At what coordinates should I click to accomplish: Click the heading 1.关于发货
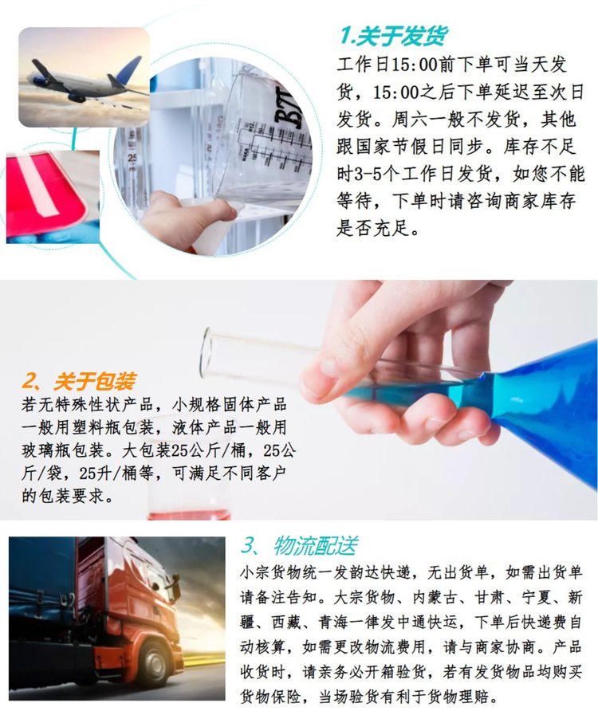(393, 36)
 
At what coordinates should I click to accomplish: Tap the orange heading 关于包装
(94, 381)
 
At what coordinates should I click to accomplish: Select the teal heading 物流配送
(315, 545)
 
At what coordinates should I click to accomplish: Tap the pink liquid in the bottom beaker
(189, 514)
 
